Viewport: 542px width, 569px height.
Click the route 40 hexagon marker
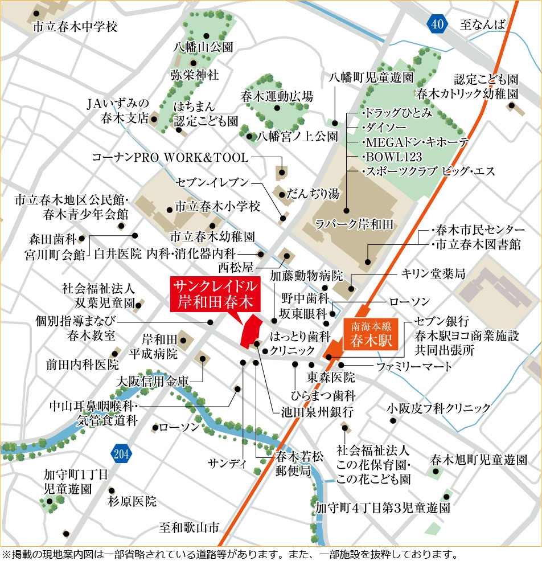click(x=436, y=24)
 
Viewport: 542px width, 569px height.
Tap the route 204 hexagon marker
click(x=120, y=454)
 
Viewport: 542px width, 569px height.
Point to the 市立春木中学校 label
click(x=75, y=26)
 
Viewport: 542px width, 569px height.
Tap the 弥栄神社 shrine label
click(x=194, y=75)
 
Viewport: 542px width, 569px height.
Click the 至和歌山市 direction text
click(x=189, y=527)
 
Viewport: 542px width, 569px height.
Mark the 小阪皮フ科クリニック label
click(x=438, y=408)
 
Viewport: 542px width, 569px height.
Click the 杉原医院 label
click(x=132, y=501)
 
